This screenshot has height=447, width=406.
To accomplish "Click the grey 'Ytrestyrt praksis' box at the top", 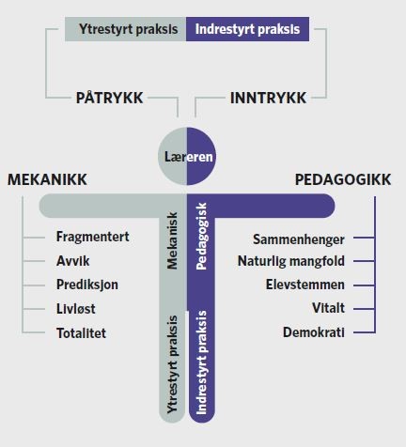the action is [x=126, y=29].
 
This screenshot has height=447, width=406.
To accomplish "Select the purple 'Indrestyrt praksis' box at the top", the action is [x=247, y=29].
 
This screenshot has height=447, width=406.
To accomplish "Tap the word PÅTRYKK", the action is [x=109, y=98].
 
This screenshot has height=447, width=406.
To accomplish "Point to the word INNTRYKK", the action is [x=268, y=98].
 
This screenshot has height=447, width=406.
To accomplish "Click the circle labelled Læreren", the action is [x=187, y=156].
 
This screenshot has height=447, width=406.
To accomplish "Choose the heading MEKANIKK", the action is [x=47, y=179].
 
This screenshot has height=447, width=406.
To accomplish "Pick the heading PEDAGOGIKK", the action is [x=343, y=179].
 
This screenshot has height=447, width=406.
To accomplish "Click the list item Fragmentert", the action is [x=93, y=237].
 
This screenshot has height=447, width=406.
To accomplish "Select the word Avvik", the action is [x=73, y=261].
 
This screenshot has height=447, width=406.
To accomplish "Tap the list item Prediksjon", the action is [x=87, y=285].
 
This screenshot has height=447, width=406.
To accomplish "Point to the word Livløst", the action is [x=76, y=309].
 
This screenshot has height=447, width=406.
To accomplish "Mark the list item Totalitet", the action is [x=81, y=332].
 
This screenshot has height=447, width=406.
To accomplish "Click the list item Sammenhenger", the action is [x=299, y=239].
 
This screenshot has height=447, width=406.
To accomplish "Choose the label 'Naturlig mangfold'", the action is [x=291, y=261].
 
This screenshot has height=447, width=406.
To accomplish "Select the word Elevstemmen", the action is [x=305, y=285].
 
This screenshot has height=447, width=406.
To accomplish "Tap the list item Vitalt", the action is [x=328, y=308].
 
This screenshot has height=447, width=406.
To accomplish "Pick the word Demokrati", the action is [x=314, y=332].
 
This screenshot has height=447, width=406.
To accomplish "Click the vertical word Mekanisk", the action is [x=173, y=240].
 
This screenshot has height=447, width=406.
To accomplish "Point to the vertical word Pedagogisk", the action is [x=201, y=237].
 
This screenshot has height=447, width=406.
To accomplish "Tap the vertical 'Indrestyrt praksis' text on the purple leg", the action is [x=201, y=362].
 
